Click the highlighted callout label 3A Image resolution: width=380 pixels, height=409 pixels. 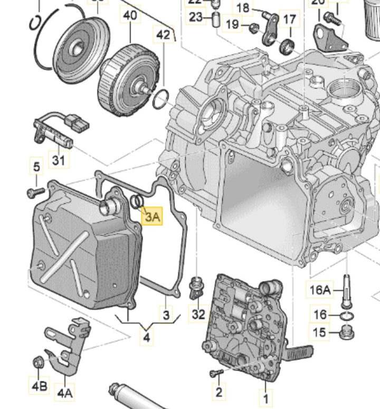point(152,216)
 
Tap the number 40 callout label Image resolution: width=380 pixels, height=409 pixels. point(130,15)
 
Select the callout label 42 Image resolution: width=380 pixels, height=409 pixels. point(163,36)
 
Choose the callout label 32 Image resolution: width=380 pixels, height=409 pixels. point(198,315)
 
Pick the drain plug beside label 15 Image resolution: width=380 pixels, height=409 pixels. point(347,332)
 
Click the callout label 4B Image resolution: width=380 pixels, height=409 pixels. point(39,386)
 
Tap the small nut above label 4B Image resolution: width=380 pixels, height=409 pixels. point(38,362)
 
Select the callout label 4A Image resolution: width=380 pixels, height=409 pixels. point(65,393)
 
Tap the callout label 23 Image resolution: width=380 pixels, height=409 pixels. point(196,17)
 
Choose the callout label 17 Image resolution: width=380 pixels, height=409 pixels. point(290,20)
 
